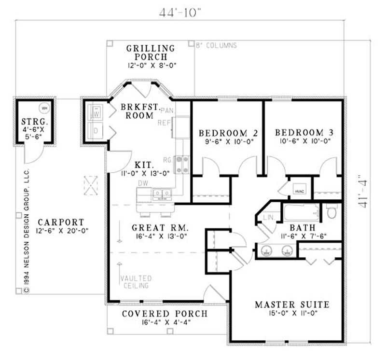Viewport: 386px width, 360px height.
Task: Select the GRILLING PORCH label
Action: pos(150,52)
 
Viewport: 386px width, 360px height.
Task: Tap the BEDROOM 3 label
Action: pos(303,133)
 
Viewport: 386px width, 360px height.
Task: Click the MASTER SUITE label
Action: pos(292,305)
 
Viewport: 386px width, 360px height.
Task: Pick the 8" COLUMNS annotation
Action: pos(216,45)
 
